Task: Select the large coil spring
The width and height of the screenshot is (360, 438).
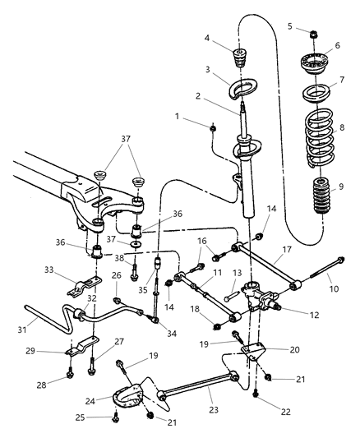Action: pyautogui.click(x=316, y=136)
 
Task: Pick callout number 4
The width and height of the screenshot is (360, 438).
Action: pyautogui.click(x=206, y=38)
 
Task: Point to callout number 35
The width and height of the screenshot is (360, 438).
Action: pyautogui.click(x=141, y=289)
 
